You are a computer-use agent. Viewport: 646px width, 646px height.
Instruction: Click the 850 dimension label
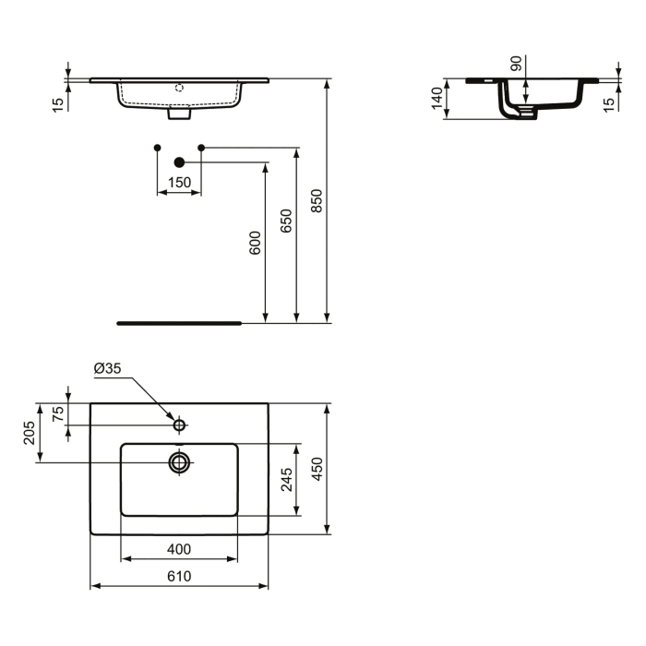click(317, 201)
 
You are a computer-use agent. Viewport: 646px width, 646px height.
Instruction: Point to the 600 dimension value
click(256, 243)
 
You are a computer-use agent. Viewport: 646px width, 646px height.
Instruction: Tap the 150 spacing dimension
click(178, 183)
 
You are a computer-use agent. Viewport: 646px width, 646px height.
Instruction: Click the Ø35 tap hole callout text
click(107, 368)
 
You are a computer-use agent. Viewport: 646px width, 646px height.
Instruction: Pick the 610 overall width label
click(178, 576)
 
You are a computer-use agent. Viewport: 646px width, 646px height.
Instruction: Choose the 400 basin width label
click(178, 549)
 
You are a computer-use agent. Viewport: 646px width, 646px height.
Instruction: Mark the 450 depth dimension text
click(317, 469)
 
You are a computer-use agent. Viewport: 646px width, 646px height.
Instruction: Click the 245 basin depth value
click(286, 480)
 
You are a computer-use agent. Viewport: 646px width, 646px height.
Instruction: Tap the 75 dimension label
click(58, 413)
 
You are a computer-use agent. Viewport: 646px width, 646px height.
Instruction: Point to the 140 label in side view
click(437, 99)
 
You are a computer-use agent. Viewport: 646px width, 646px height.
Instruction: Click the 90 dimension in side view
click(516, 64)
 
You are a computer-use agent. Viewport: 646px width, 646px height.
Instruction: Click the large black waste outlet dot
click(179, 162)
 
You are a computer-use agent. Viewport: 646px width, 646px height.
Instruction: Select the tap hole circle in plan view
click(180, 425)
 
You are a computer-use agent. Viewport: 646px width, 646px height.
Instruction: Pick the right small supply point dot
click(201, 148)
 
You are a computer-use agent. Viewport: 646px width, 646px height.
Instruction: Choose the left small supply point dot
click(157, 148)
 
